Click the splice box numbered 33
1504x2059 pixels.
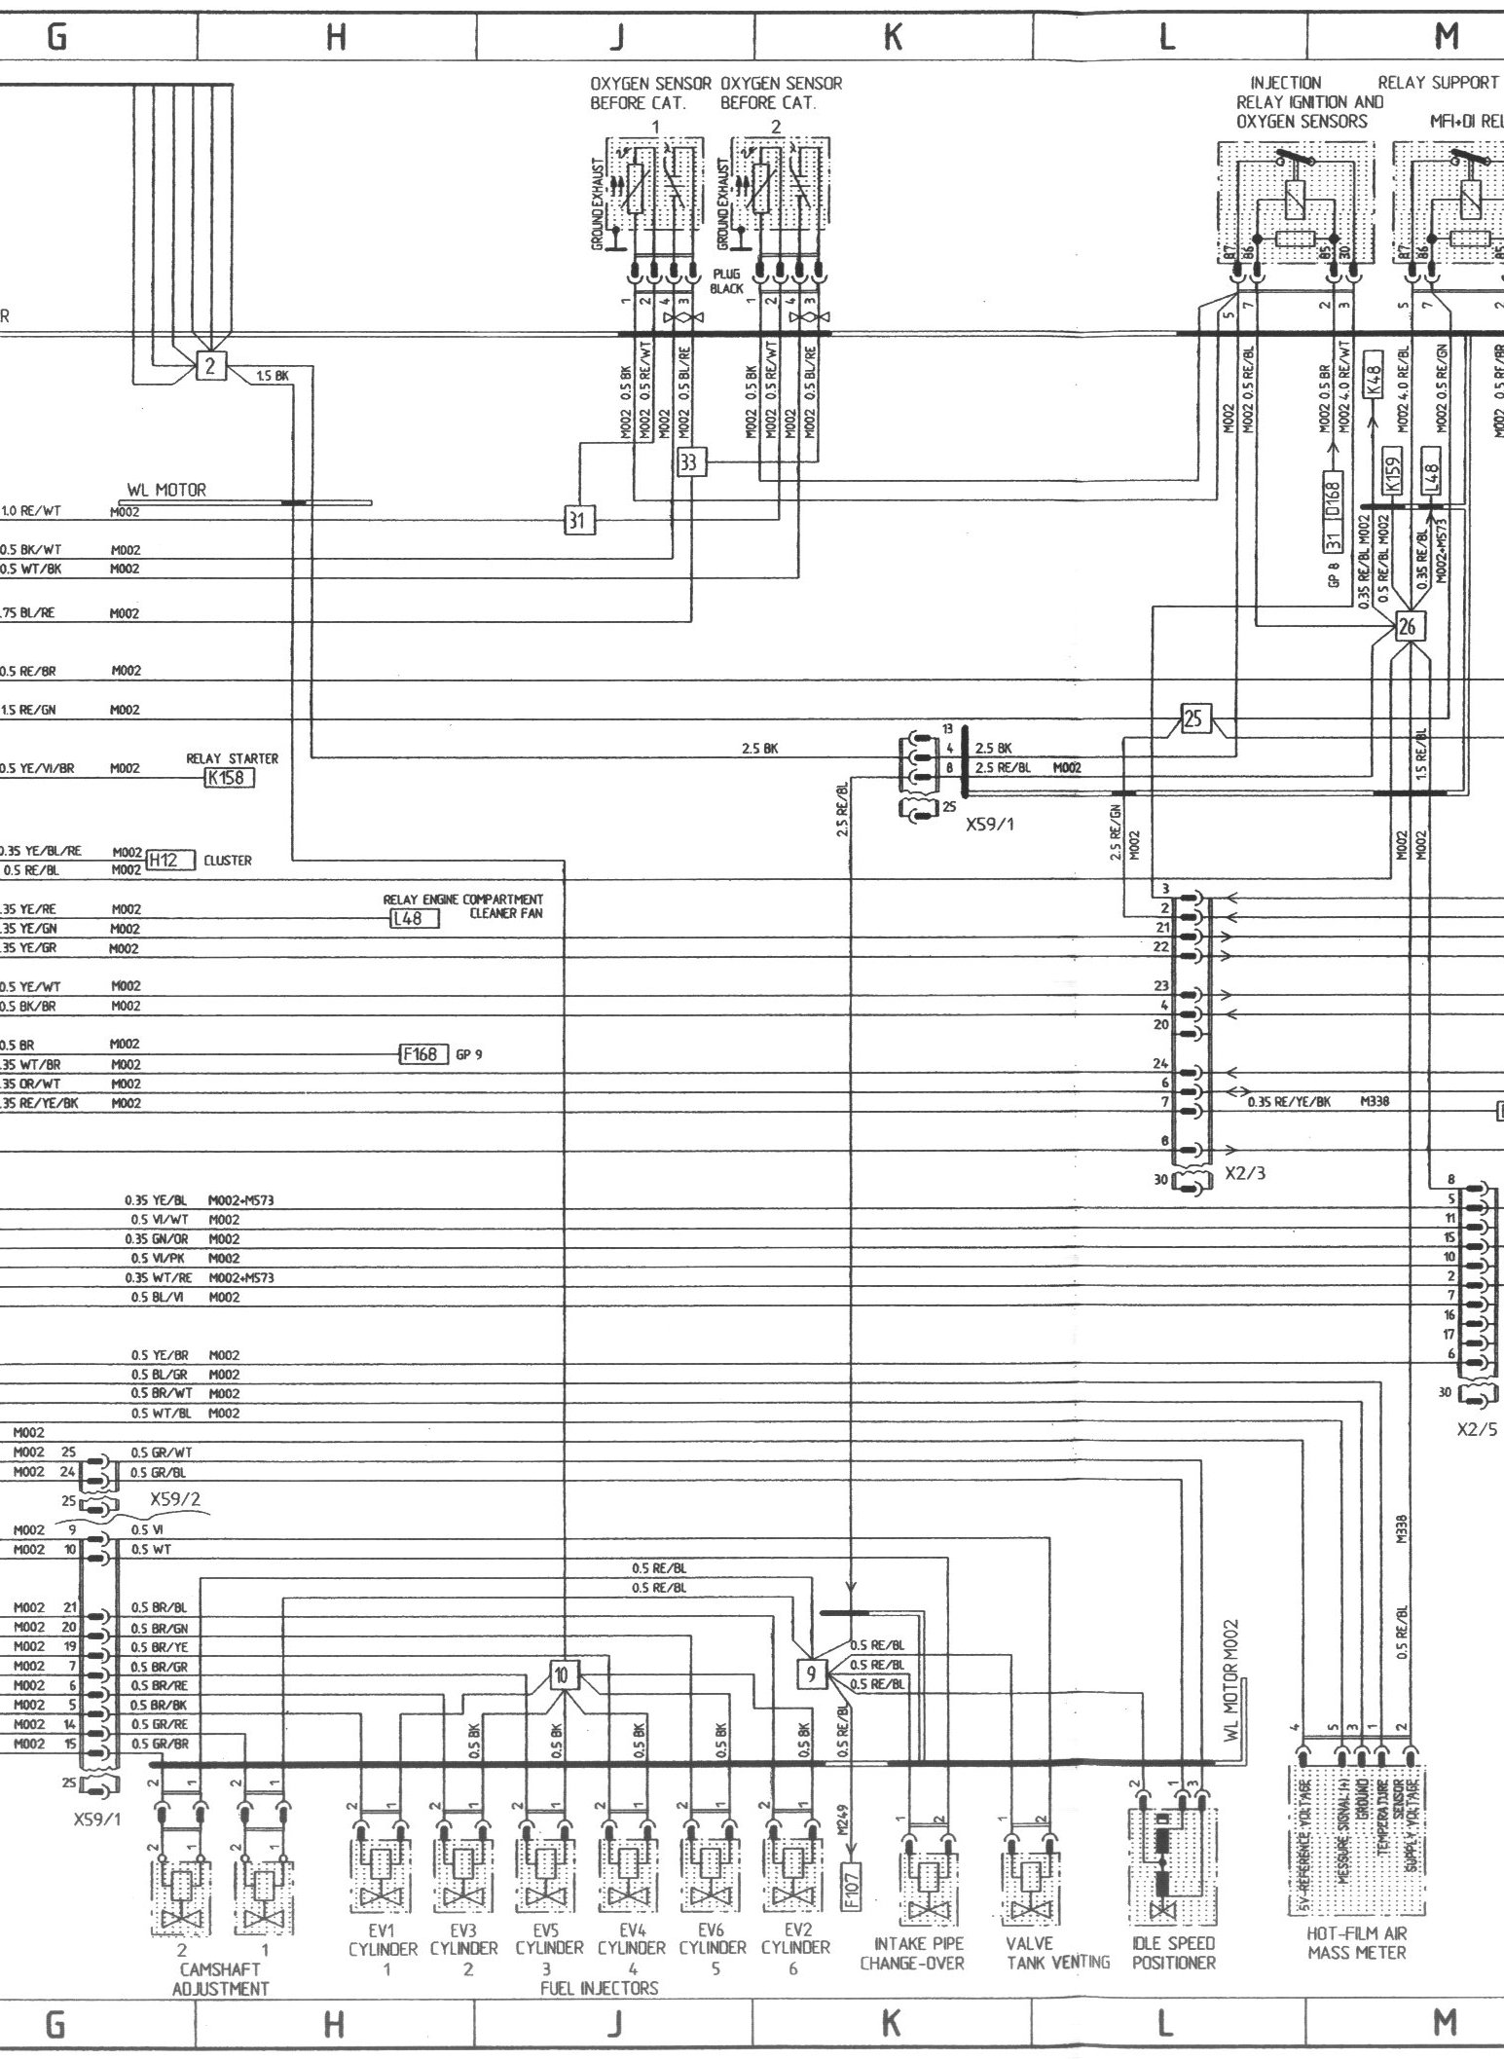[x=689, y=463]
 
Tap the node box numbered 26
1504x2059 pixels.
[x=1407, y=628]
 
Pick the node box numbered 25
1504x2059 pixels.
[x=1193, y=718]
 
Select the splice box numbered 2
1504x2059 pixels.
[x=210, y=366]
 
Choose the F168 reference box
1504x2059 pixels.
[x=424, y=1054]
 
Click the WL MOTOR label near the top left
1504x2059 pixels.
[x=166, y=491]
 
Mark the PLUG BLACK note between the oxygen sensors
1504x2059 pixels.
[x=726, y=281]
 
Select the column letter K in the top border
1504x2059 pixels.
[x=891, y=37]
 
